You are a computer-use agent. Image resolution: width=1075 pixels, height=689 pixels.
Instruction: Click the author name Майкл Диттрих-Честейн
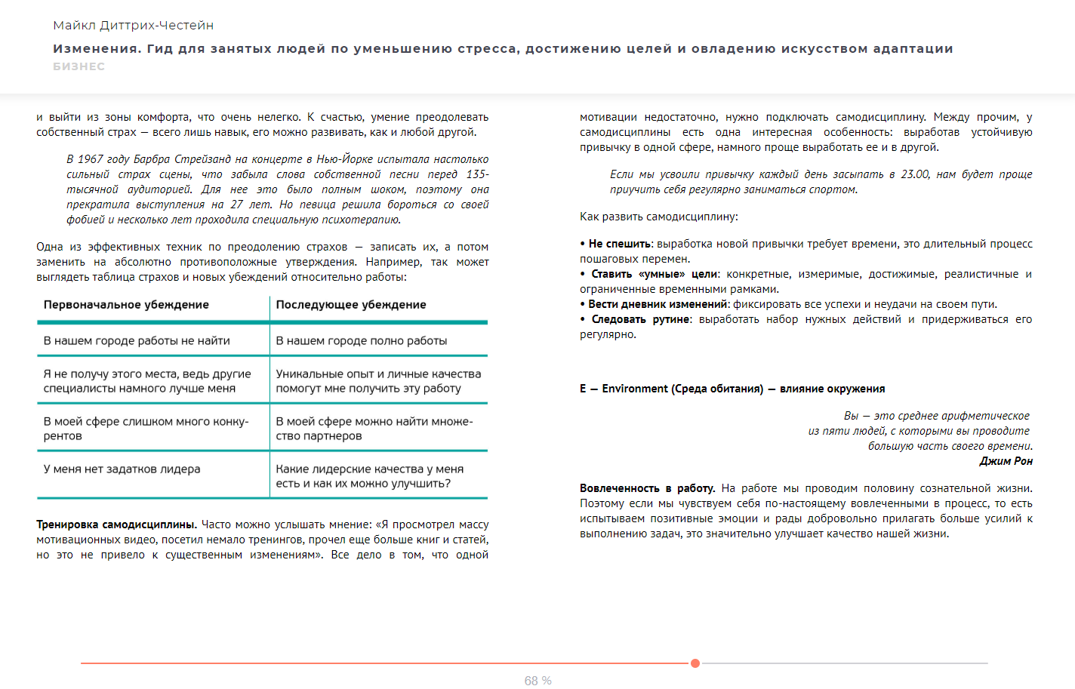coord(133,26)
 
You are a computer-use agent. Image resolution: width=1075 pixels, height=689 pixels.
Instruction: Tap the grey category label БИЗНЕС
coord(79,66)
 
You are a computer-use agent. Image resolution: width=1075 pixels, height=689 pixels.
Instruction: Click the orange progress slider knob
coord(695,663)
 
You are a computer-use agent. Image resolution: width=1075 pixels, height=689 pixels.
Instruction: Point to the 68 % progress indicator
coord(537,681)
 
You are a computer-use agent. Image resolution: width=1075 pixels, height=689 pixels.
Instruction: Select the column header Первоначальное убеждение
coord(126,305)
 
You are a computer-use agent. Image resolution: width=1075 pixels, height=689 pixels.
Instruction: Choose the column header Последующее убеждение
coord(351,305)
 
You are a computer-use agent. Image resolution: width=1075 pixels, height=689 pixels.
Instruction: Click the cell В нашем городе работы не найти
coord(137,341)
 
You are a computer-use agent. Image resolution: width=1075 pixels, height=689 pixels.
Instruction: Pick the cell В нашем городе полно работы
coord(362,341)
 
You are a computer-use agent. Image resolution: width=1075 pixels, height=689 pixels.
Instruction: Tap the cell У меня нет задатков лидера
coord(122,469)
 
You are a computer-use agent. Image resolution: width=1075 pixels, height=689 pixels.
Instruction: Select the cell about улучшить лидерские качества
coord(370,476)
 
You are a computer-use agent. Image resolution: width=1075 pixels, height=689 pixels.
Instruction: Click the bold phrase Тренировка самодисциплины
coord(116,524)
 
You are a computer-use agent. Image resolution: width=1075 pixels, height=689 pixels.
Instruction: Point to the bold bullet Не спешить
coord(619,244)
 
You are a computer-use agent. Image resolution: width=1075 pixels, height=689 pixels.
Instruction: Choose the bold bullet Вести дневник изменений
coord(658,304)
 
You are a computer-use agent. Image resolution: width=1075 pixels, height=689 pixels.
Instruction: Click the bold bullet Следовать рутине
coord(640,319)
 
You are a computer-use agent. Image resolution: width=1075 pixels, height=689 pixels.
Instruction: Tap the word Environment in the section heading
coord(635,389)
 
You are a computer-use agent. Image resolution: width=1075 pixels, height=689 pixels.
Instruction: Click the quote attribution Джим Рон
coord(1006,461)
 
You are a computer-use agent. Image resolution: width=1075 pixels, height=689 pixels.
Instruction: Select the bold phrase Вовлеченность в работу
coord(647,488)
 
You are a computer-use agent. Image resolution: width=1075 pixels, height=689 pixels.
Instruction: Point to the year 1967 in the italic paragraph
coord(91,159)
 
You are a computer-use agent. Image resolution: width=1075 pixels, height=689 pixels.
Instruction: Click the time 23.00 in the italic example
coord(915,174)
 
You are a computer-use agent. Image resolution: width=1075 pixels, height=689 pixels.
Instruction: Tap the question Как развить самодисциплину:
coord(658,217)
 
